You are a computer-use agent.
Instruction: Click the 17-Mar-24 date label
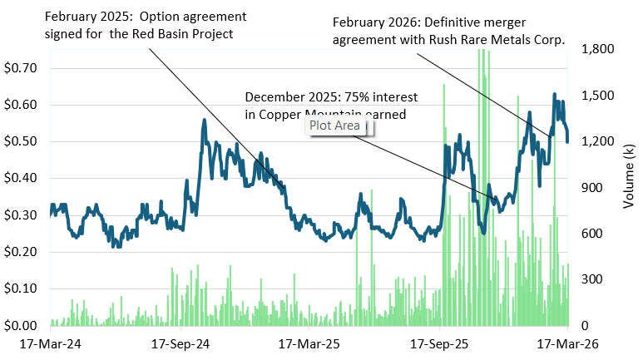point(42,343)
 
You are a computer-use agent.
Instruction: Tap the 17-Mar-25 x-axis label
point(304,343)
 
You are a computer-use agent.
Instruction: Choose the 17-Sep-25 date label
point(438,343)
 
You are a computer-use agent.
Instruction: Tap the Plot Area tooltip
point(336,126)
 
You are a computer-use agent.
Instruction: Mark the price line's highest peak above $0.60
point(554,95)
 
